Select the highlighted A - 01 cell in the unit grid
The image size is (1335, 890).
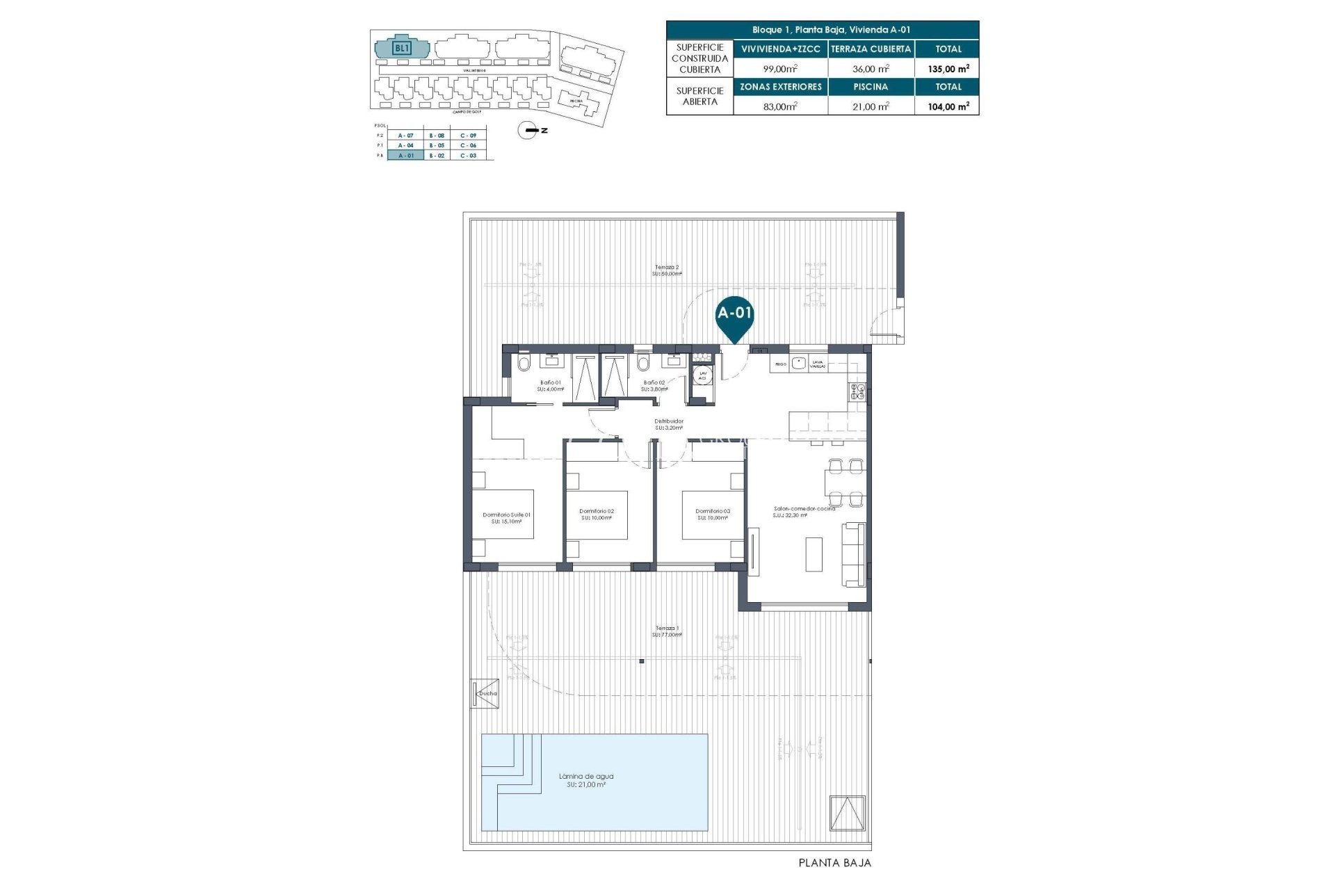point(405,156)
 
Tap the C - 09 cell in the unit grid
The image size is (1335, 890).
point(468,135)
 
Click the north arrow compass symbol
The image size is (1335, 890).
point(531,130)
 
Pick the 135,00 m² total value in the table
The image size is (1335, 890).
point(948,68)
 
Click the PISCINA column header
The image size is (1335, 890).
point(871,86)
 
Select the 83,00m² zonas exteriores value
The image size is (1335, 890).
point(780,106)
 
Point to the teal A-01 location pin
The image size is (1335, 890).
point(735,316)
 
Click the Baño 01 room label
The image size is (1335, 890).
point(551,382)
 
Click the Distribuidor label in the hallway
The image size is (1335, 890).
point(669,421)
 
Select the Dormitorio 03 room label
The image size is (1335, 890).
point(713,511)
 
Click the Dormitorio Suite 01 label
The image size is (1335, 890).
point(506,515)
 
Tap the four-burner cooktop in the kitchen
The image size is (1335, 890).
point(856,392)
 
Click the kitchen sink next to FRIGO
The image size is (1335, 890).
point(798,363)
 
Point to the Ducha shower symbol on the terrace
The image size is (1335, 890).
point(485,693)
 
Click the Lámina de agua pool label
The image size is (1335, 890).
point(586,777)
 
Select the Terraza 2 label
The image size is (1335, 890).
point(667,267)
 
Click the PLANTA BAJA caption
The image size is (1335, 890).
point(834,863)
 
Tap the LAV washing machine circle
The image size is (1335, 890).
point(703,375)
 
